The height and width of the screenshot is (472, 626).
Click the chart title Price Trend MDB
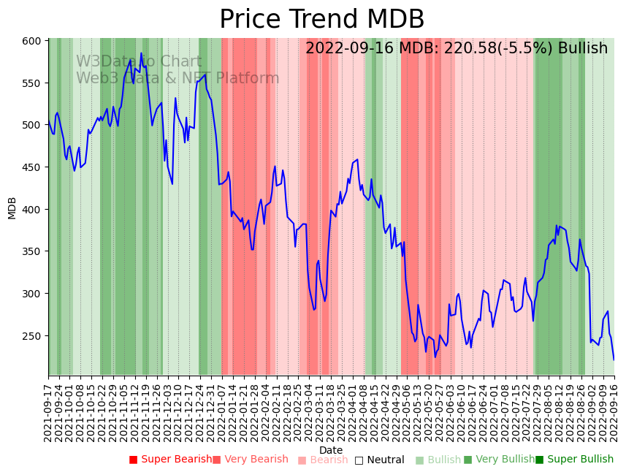point(321,20)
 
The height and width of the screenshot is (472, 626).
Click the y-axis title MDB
point(12,208)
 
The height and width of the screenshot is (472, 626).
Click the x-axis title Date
point(331,450)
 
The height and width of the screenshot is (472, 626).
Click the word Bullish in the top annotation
point(582,49)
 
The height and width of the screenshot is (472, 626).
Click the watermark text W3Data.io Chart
point(139,62)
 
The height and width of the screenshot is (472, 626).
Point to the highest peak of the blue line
point(141,53)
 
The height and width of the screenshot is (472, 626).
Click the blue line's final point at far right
point(614,359)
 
